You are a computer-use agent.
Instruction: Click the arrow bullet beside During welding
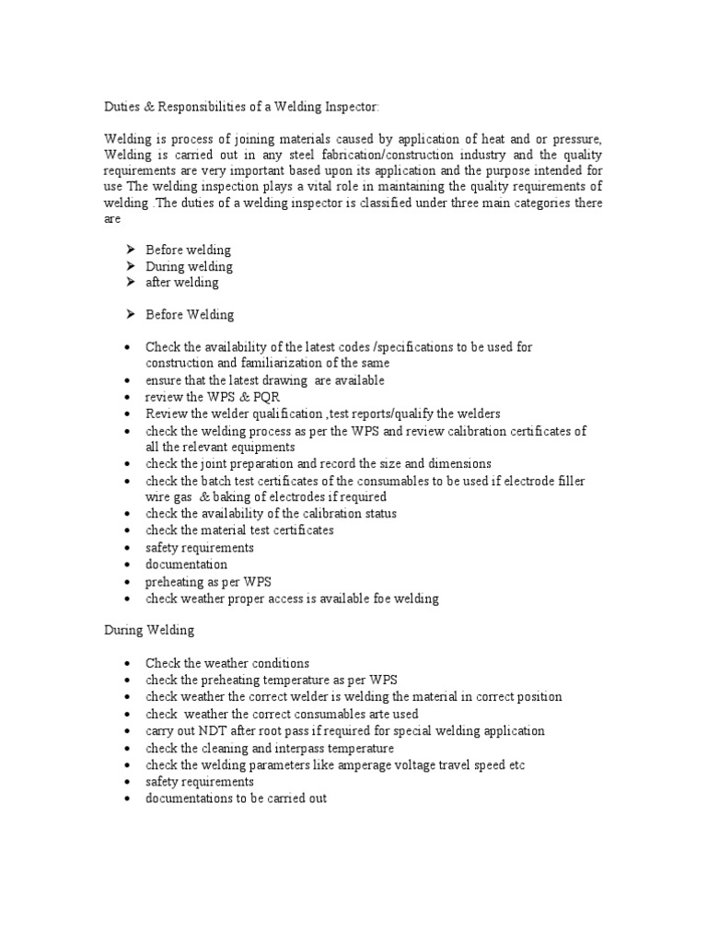(130, 266)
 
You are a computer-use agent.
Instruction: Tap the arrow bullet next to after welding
(130, 283)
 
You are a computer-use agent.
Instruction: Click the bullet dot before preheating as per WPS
(126, 583)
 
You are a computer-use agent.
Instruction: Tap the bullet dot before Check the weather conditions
(126, 664)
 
